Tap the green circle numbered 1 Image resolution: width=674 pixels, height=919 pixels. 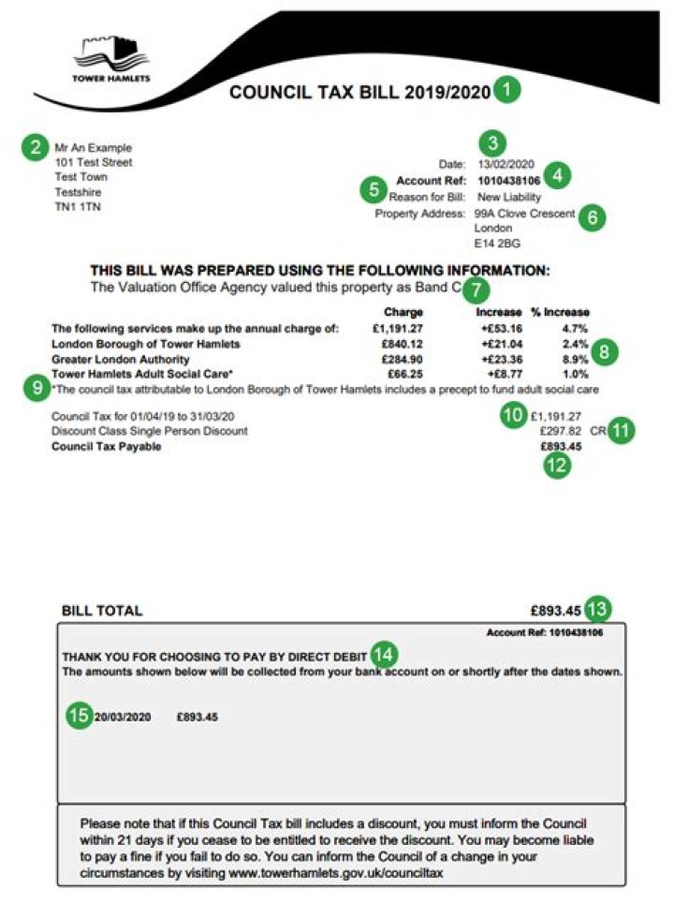506,92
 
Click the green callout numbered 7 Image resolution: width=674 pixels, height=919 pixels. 476,290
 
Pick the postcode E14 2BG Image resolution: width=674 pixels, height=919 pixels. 497,244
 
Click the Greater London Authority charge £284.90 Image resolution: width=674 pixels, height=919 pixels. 403,359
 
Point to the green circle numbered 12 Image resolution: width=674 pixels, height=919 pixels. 557,467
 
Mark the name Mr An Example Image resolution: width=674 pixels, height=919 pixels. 94,147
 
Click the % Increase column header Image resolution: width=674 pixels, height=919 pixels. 561,312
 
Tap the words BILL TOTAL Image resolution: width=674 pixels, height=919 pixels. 102,611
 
